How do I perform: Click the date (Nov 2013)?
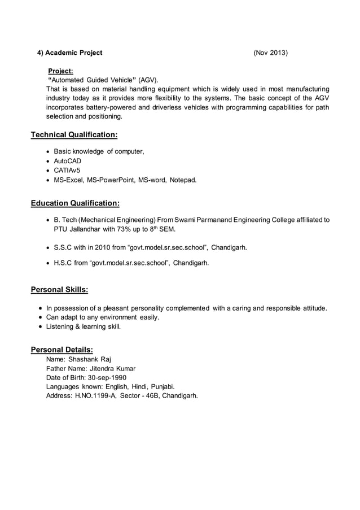click(270, 53)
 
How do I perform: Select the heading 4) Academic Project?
click(70, 53)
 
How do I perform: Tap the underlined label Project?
click(60, 71)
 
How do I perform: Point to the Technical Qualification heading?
click(74, 135)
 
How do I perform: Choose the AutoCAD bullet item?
click(68, 161)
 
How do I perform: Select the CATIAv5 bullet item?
click(67, 170)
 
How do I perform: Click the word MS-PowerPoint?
click(116, 180)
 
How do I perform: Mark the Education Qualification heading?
click(74, 203)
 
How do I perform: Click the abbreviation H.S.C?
click(63, 263)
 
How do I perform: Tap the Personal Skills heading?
click(59, 290)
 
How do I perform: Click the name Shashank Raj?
click(90, 359)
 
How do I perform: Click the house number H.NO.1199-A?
click(94, 395)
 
